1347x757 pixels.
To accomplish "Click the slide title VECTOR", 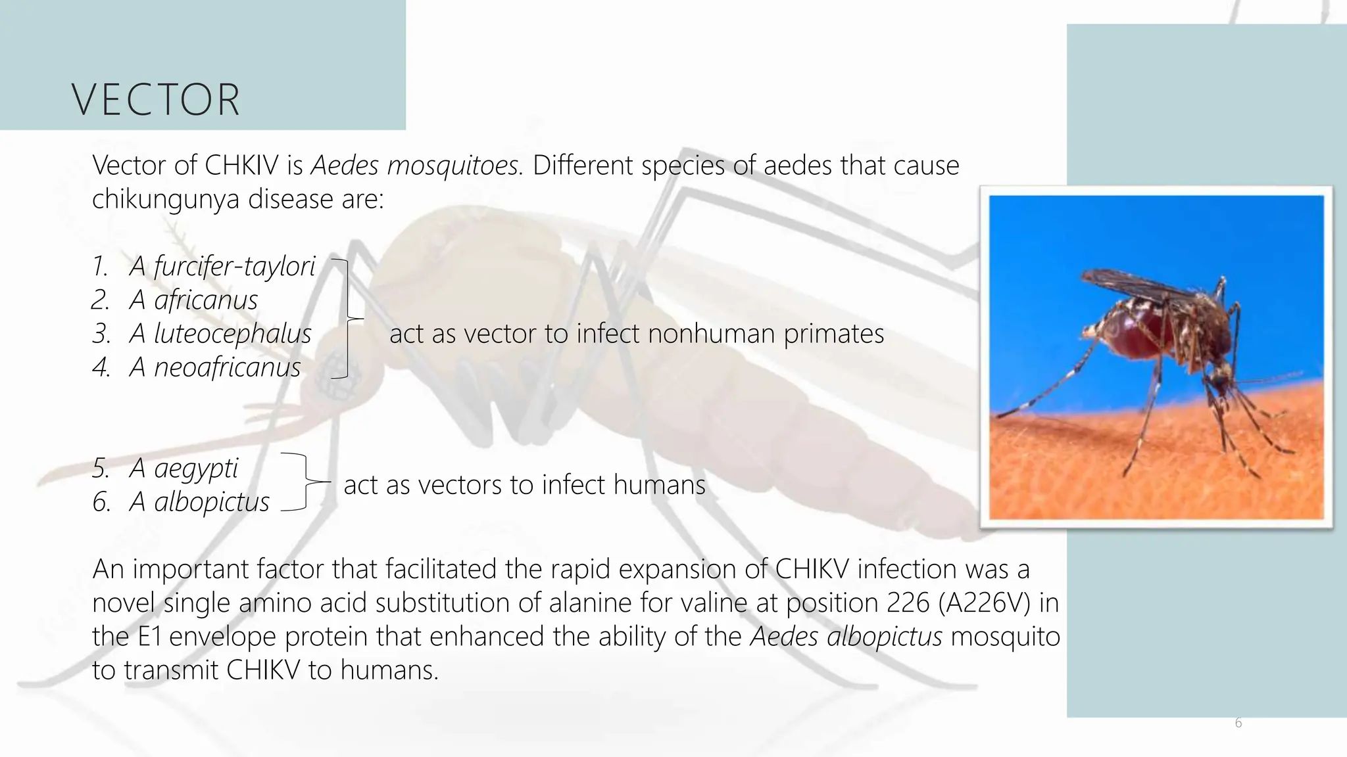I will pyautogui.click(x=156, y=100).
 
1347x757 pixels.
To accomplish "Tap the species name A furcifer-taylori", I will pyautogui.click(x=222, y=266).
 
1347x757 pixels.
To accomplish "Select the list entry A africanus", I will pyautogui.click(x=193, y=300).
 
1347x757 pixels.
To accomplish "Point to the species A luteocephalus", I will pyautogui.click(x=220, y=334).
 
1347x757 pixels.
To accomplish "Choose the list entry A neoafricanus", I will pyautogui.click(x=214, y=367).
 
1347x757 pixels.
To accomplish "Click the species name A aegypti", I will pyautogui.click(x=183, y=469).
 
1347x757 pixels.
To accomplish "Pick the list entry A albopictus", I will pyautogui.click(x=199, y=502).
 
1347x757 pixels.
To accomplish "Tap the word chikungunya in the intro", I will pyautogui.click(x=166, y=199).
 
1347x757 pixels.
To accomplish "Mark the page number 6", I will pyautogui.click(x=1238, y=723).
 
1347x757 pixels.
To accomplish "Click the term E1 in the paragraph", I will pyautogui.click(x=150, y=637).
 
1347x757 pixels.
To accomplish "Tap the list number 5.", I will pyautogui.click(x=101, y=469).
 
